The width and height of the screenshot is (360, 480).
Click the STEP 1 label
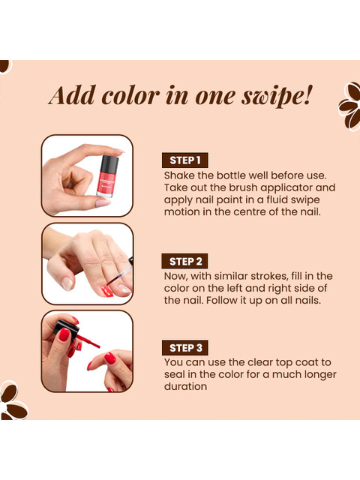click(185, 160)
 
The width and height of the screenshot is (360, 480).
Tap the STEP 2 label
click(185, 261)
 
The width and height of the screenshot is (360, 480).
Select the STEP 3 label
click(185, 348)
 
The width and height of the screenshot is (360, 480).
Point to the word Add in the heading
click(72, 95)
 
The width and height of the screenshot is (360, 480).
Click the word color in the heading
click(130, 95)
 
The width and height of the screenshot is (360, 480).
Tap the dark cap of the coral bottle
click(109, 163)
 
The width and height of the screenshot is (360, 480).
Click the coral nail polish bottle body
click(106, 184)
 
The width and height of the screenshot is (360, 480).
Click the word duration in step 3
click(185, 386)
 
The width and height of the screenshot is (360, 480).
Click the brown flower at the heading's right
click(350, 106)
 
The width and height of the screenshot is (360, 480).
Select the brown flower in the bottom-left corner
click(12, 400)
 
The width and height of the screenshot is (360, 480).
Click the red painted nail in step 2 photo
click(107, 291)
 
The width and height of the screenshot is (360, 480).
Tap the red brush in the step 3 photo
click(88, 341)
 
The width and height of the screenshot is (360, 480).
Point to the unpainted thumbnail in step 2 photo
click(67, 283)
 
